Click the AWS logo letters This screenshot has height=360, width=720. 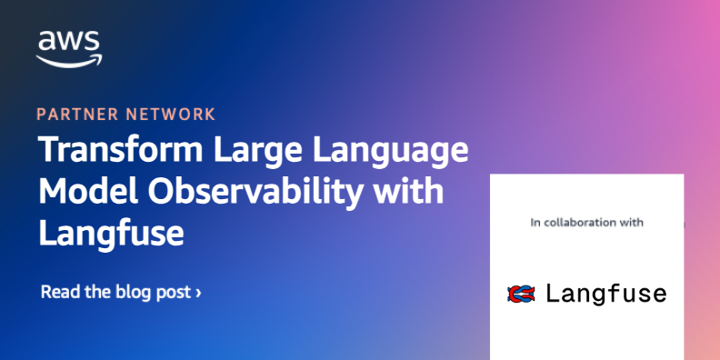pos(69,42)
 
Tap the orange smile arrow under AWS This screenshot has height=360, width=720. pos(69,59)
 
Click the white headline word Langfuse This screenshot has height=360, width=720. pos(112,234)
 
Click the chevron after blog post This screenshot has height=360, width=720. pos(198,293)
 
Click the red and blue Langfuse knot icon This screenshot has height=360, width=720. pos(522,294)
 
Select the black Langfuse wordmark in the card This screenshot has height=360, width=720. pos(606,295)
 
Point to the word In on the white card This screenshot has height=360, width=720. pos(535,222)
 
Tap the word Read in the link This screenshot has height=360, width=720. pos(57,292)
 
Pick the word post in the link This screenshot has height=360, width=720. pos(177,293)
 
